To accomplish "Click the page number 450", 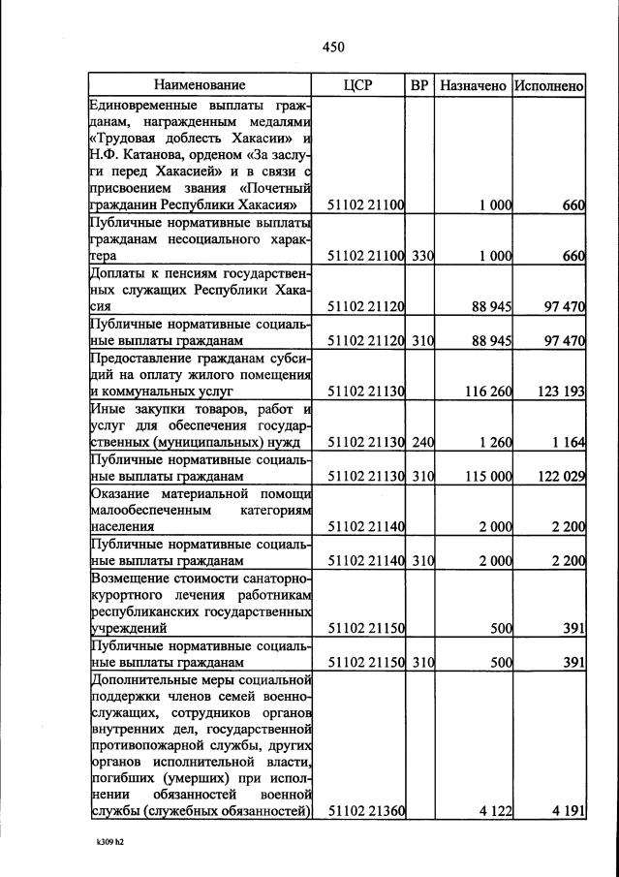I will [x=333, y=47].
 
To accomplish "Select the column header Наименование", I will [x=200, y=85].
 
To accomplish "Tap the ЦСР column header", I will [x=357, y=85].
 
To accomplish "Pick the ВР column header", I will [x=419, y=85].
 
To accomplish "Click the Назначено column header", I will [x=473, y=85].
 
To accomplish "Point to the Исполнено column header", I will [x=549, y=85].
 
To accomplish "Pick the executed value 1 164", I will [x=566, y=442].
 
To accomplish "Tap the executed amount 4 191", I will [x=566, y=811].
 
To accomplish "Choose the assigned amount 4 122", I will [x=494, y=811].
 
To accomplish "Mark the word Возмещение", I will [x=131, y=578].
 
